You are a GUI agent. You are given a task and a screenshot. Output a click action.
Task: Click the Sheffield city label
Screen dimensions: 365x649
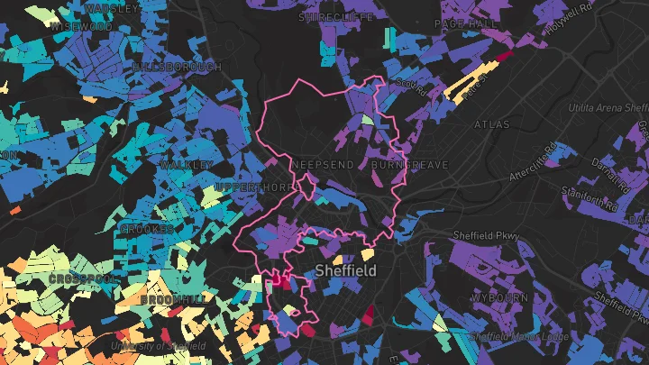[346, 270]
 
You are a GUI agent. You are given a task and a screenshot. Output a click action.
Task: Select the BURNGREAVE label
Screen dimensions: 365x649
[403, 166]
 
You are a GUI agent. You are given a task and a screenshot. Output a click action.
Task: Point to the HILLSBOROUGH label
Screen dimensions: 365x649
[177, 68]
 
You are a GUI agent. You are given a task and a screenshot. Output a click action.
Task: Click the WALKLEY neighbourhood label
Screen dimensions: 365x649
[186, 165]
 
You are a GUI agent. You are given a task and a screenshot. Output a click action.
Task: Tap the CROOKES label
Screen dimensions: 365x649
[146, 230]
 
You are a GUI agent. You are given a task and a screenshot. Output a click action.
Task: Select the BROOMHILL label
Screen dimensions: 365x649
[172, 298]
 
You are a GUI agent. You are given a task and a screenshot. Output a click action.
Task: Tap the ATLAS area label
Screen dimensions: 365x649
[492, 124]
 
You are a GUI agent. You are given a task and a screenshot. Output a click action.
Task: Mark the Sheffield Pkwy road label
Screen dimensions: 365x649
[490, 237]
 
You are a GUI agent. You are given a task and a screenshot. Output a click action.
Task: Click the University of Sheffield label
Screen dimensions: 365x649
[159, 346]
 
